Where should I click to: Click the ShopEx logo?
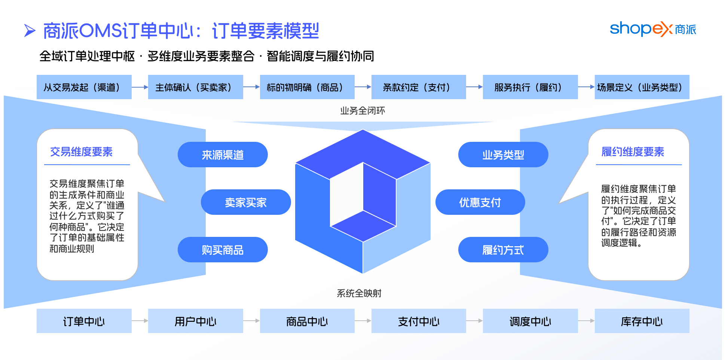[x=653, y=29]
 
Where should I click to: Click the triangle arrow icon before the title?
[x=30, y=31]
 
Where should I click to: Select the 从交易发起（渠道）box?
[x=84, y=87]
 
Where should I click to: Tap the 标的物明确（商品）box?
[x=307, y=87]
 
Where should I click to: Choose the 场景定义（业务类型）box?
[x=642, y=87]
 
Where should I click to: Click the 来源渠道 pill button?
[x=223, y=155]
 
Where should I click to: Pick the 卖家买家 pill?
[x=246, y=202]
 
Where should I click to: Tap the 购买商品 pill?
[x=223, y=250]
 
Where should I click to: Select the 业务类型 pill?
[x=503, y=155]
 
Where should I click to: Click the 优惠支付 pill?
[x=480, y=202]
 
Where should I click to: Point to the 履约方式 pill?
[x=503, y=250]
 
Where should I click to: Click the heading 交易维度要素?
[x=81, y=152]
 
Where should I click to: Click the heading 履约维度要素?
[x=633, y=152]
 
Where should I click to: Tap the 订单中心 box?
[x=84, y=321]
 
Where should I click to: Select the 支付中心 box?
[x=419, y=321]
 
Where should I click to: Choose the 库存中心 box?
[x=642, y=321]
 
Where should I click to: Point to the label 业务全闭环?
[x=362, y=110]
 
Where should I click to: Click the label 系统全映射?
[x=359, y=293]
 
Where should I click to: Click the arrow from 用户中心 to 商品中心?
[x=251, y=321]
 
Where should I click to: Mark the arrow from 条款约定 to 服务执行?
[x=474, y=87]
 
